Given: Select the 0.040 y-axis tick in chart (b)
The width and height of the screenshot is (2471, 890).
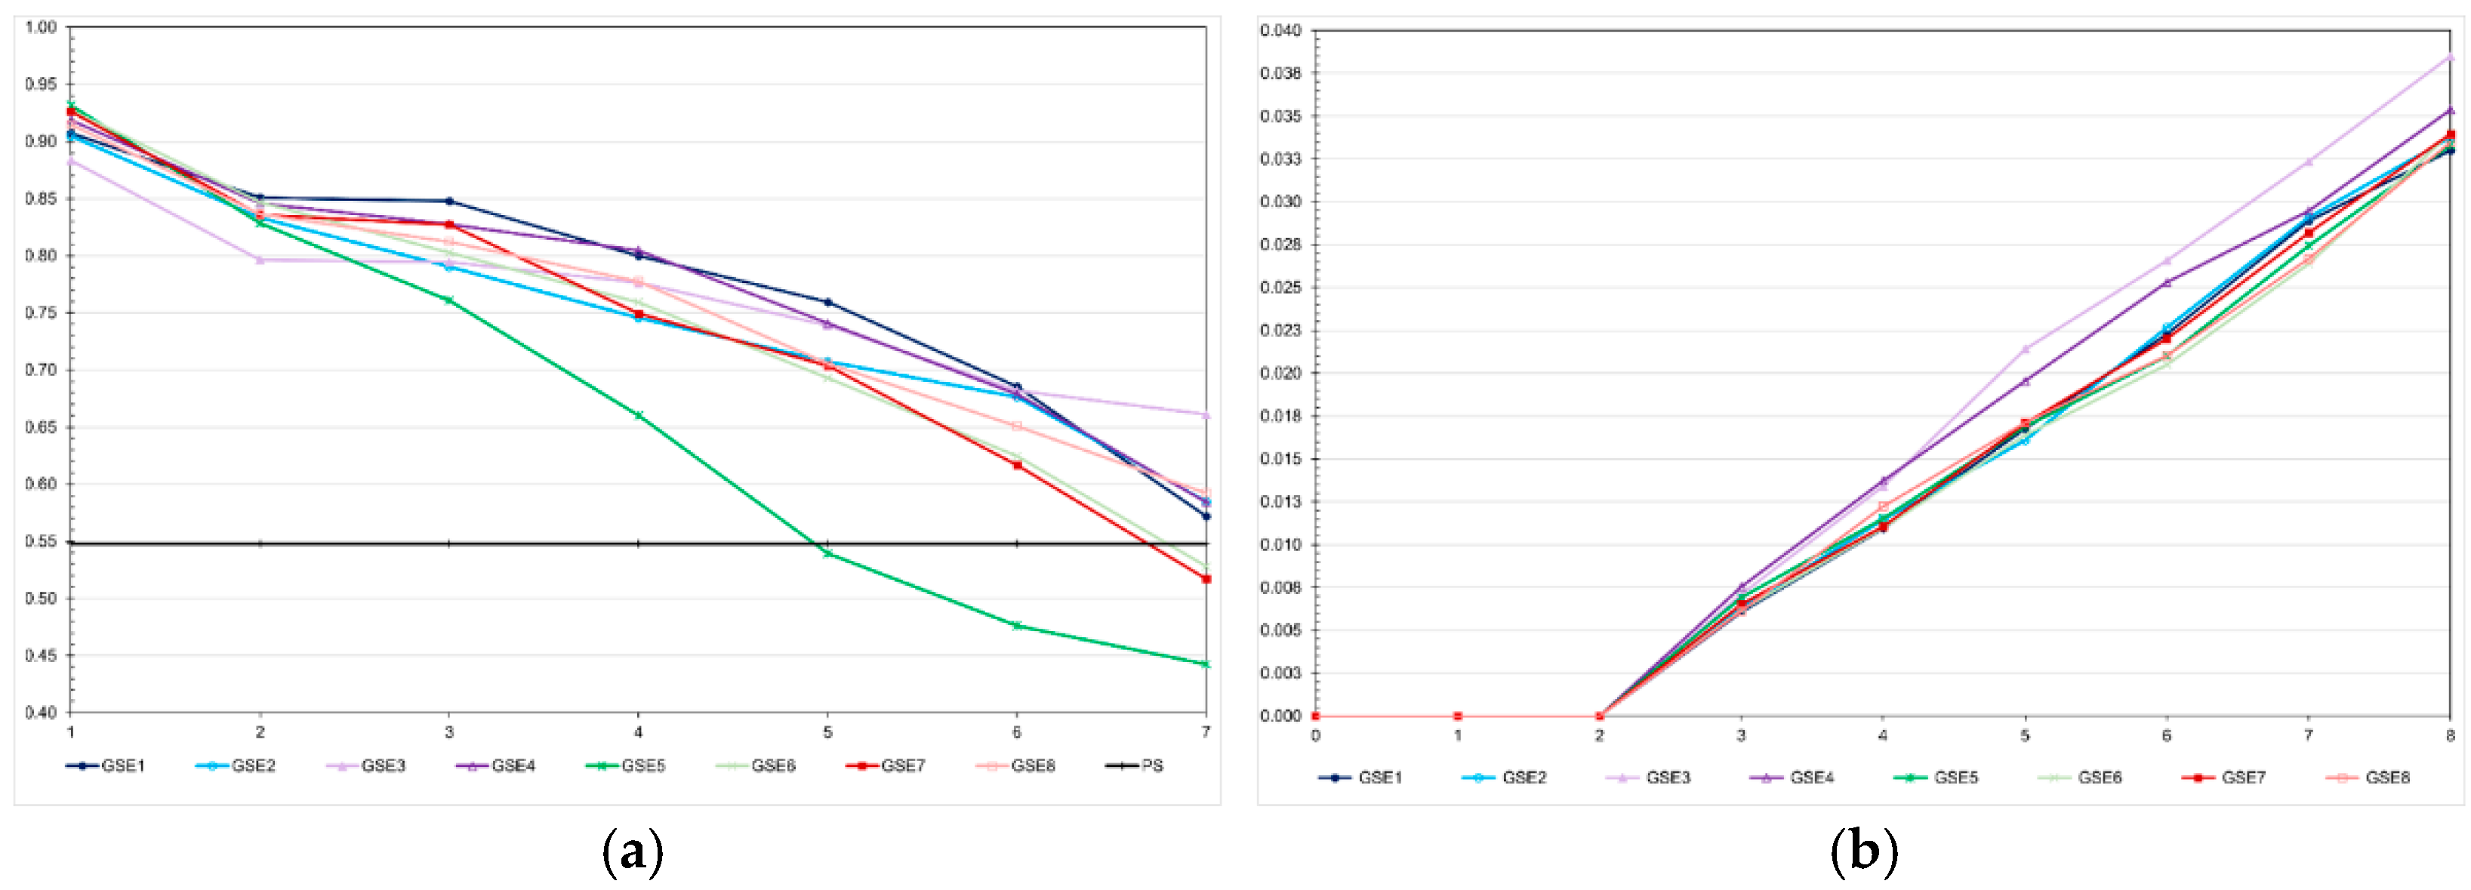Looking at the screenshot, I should pos(1280,31).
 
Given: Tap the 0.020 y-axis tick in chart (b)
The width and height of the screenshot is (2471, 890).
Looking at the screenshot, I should pos(1280,373).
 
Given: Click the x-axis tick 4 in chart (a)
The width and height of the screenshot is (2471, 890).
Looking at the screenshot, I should pos(638,731).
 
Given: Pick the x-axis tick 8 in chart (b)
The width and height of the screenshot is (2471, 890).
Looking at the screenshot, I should pos(2450,735).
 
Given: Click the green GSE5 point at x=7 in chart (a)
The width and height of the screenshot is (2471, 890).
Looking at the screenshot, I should pos(1206,664).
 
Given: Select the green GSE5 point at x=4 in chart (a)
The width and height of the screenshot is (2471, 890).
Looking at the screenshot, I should pos(638,415).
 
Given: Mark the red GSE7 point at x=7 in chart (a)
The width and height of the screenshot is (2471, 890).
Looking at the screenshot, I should pos(1206,579).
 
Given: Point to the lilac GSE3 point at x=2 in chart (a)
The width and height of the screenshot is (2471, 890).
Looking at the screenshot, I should pos(259,260).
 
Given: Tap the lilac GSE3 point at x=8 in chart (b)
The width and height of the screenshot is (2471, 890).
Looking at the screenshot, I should pos(2450,57).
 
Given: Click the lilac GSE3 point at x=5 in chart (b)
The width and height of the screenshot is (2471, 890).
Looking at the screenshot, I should pos(2025,349).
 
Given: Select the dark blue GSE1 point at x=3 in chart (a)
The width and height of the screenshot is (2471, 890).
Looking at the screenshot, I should pos(449,202).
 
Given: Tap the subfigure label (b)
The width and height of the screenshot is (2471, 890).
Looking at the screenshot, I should pos(1864,851).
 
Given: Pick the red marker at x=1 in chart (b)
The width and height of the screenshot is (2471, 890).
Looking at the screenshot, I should pos(1457,716).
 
